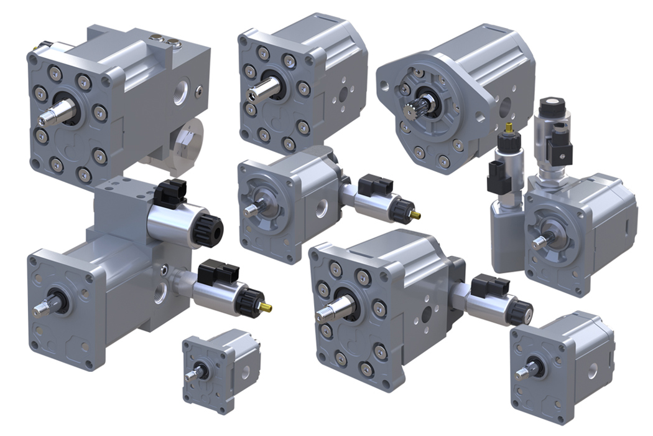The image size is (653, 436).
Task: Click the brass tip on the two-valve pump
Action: [267, 307]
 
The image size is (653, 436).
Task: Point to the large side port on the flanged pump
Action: [504, 107]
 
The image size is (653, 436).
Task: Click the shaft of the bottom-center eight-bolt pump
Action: [330, 310]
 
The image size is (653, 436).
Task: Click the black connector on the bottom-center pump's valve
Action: [485, 285]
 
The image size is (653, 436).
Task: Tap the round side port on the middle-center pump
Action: [322, 209]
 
